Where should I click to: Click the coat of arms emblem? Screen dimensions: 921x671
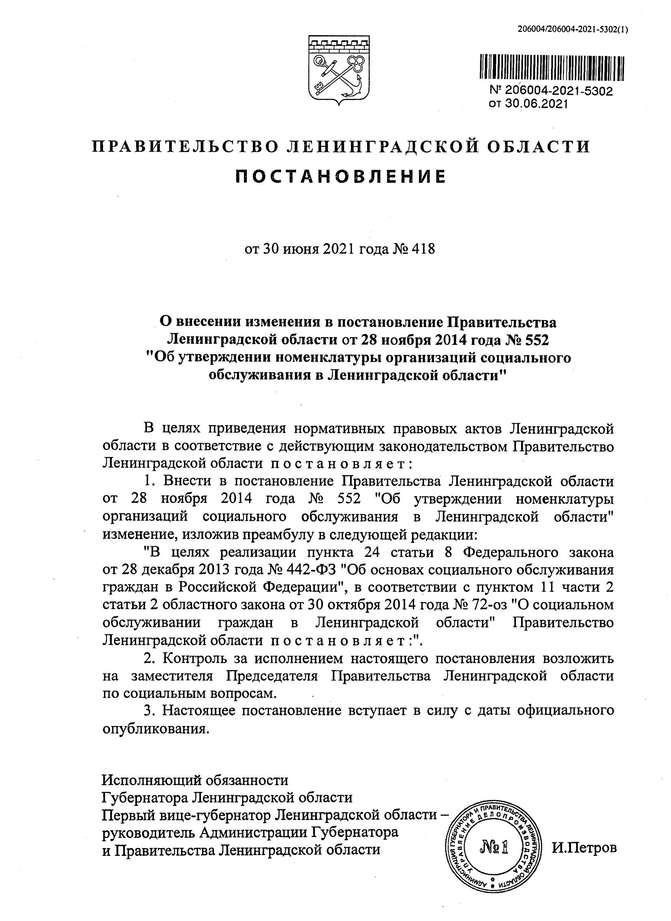click(x=338, y=70)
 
